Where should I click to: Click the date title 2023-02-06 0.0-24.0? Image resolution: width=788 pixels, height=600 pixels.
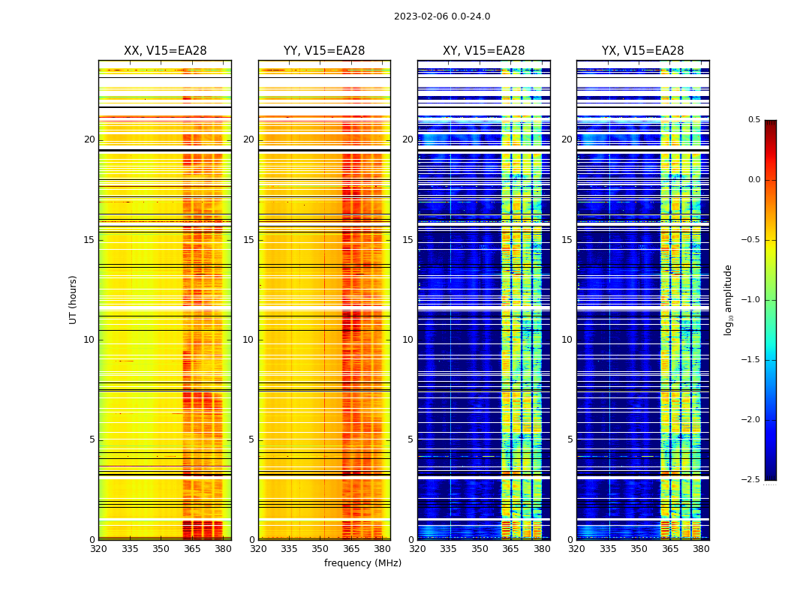click(x=442, y=16)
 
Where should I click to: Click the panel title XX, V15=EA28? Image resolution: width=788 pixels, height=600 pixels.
click(x=165, y=51)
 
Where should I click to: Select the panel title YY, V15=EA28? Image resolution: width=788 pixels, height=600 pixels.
click(x=324, y=51)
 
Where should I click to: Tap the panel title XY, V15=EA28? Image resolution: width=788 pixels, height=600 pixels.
click(x=484, y=51)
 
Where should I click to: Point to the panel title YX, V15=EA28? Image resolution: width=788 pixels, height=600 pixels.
click(x=643, y=51)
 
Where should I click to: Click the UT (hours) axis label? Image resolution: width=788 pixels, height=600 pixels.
click(x=74, y=299)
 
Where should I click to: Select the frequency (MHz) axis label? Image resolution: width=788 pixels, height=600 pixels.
click(x=362, y=563)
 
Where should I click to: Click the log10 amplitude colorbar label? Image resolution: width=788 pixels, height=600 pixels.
click(x=728, y=299)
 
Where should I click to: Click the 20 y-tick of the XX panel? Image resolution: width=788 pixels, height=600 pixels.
click(x=89, y=139)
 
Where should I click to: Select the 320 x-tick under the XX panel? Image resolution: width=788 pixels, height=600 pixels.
click(x=98, y=549)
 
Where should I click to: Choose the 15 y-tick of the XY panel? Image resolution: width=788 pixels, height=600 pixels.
click(x=408, y=240)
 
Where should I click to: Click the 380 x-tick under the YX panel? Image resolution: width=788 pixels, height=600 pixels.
click(x=701, y=549)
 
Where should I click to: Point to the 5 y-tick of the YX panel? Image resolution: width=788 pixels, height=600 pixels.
click(x=570, y=439)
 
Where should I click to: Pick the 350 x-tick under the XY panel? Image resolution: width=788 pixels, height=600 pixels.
click(x=480, y=549)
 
